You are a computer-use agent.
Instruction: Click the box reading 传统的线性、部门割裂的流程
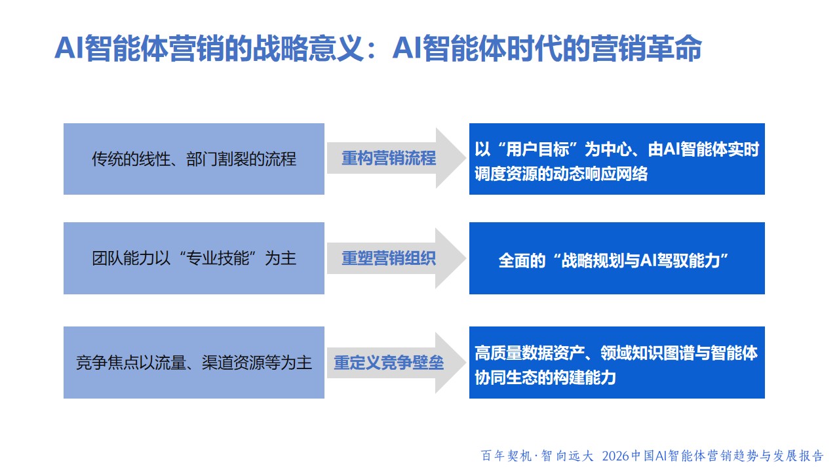(193, 159)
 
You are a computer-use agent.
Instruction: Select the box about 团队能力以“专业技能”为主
(193, 258)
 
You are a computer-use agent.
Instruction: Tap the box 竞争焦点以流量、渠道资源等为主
(193, 363)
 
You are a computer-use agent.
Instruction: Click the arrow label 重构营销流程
(389, 158)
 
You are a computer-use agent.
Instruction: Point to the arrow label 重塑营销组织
(389, 258)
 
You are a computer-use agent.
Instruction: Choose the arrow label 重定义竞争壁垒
(389, 363)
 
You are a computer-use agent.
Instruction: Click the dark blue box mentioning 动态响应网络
(617, 159)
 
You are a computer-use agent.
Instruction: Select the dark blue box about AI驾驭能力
(617, 258)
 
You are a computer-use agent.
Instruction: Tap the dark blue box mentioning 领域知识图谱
(617, 363)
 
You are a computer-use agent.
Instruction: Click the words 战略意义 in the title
(308, 49)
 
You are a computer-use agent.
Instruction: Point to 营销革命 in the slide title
(646, 49)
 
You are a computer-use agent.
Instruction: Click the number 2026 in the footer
(615, 456)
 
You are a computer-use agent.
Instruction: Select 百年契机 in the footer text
(506, 456)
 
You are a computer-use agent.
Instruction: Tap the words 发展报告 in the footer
(798, 456)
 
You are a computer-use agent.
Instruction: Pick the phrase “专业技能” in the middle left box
(218, 258)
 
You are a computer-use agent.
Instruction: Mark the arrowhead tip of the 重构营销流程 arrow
(466, 158)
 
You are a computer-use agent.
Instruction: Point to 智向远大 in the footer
(567, 456)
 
